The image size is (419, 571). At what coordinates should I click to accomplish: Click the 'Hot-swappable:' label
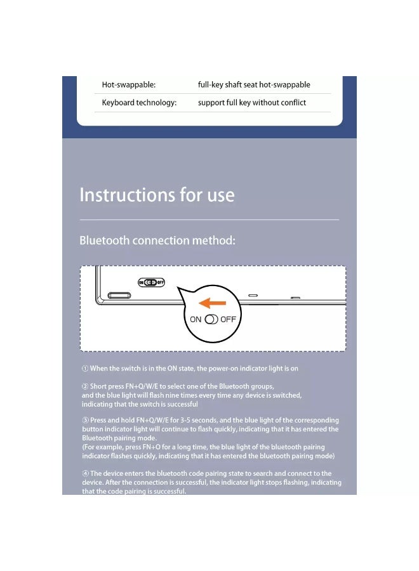129,85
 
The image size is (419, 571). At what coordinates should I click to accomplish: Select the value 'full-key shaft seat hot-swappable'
254,85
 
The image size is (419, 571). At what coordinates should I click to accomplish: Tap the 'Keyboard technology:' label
139,103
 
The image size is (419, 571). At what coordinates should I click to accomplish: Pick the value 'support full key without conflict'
252,103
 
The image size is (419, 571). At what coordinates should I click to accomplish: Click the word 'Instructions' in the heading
127,195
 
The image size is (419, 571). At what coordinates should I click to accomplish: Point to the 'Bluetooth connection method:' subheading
157,240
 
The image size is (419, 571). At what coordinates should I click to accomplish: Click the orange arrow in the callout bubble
213,303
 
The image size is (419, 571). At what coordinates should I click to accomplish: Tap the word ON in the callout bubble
196,319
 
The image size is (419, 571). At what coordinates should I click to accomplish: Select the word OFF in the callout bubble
228,319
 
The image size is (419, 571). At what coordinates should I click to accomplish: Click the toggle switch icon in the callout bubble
211,319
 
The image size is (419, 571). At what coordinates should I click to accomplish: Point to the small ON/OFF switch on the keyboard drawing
151,282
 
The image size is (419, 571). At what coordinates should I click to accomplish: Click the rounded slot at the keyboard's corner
119,295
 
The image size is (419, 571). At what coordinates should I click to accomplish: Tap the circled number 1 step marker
85,369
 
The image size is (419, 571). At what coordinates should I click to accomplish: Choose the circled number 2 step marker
85,386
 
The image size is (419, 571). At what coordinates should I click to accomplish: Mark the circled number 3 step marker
85,420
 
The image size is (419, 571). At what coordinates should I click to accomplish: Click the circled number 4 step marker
85,473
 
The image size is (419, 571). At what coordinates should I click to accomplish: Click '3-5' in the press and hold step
185,420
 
